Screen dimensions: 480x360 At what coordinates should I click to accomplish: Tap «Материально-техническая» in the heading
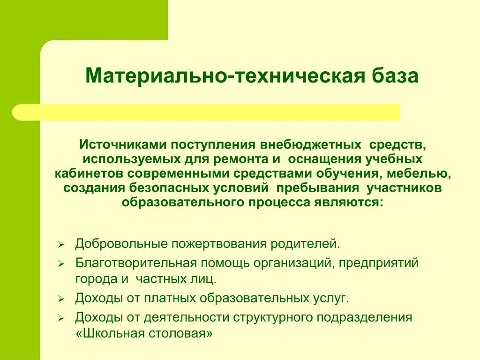(x=225, y=75)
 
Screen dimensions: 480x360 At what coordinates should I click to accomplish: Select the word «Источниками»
(x=123, y=144)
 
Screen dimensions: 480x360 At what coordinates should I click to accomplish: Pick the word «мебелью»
(x=418, y=173)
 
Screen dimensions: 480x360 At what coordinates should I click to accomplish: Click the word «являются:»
(x=348, y=202)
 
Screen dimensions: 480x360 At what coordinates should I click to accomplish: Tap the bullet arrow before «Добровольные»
(x=61, y=245)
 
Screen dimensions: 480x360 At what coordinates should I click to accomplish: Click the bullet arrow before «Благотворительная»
(x=61, y=263)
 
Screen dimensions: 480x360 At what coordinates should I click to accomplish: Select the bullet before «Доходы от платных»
(x=61, y=299)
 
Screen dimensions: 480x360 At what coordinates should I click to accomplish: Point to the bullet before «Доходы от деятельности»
(x=61, y=318)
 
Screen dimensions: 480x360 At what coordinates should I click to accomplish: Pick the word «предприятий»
(x=378, y=263)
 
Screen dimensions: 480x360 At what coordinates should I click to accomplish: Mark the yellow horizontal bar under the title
(x=206, y=112)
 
